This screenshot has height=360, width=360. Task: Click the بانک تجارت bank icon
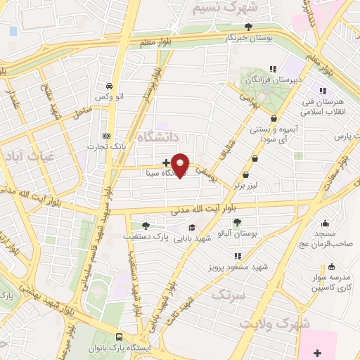(x=106, y=136)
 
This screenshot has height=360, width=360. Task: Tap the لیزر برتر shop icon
(x=246, y=175)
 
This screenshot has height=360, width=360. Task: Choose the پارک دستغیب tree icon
(x=145, y=226)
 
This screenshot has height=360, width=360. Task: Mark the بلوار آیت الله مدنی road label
(x=210, y=209)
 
